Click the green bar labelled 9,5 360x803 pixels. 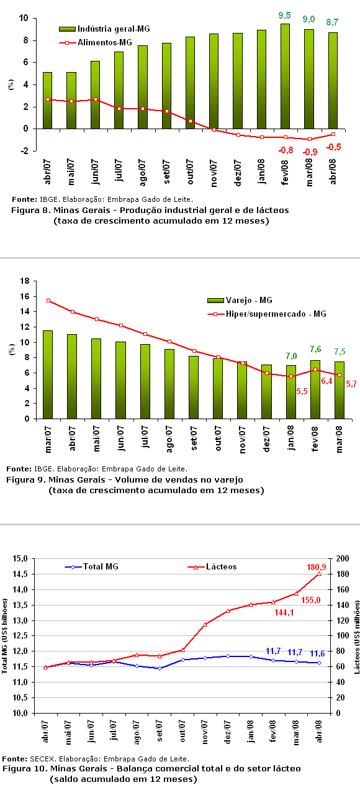click(x=285, y=76)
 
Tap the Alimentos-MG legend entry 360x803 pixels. click(x=96, y=43)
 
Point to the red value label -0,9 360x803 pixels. click(x=310, y=152)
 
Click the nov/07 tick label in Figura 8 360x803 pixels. click(x=214, y=173)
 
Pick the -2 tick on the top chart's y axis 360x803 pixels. click(x=24, y=151)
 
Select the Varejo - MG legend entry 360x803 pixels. click(x=240, y=301)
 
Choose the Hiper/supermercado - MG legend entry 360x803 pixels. click(x=267, y=314)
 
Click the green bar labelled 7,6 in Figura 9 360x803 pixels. click(x=315, y=389)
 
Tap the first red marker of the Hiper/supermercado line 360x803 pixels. click(x=48, y=301)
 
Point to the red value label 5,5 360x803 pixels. click(x=302, y=391)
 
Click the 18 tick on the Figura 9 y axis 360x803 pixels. click(x=25, y=281)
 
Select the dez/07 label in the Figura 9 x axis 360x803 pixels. click(x=266, y=439)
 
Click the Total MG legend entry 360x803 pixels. click(x=91, y=567)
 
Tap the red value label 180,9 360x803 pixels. click(x=317, y=567)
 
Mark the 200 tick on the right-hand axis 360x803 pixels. click(x=343, y=558)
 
